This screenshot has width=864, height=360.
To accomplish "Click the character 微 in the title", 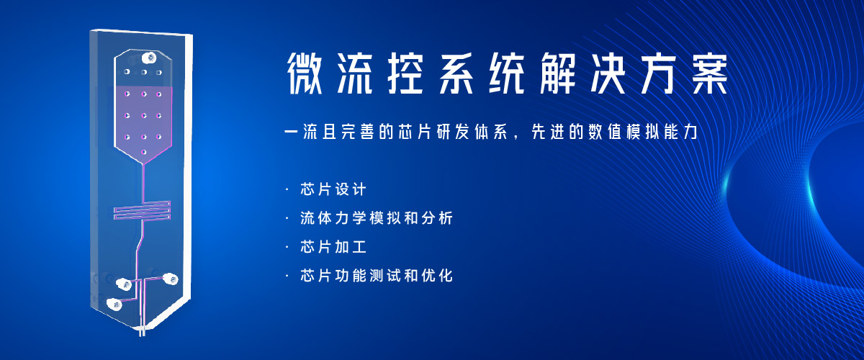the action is pyautogui.click(x=305, y=73).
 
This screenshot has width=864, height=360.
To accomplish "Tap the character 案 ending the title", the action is pyautogui.click(x=710, y=73).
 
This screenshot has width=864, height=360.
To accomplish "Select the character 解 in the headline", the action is pyautogui.click(x=558, y=73).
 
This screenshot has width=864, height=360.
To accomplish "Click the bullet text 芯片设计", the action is pyautogui.click(x=333, y=189).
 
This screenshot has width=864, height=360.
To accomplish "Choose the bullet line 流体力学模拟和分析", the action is pyautogui.click(x=377, y=218).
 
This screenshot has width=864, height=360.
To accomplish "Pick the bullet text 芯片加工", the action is pyautogui.click(x=333, y=247).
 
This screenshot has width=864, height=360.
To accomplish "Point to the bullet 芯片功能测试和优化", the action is pyautogui.click(x=377, y=276).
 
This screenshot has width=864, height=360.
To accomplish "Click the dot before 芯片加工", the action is pyautogui.click(x=287, y=247).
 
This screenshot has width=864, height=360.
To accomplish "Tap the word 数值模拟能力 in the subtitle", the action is pyautogui.click(x=642, y=132).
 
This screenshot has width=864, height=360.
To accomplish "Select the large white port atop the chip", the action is pyautogui.click(x=149, y=58).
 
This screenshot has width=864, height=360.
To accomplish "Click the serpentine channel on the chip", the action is pyautogui.click(x=143, y=210).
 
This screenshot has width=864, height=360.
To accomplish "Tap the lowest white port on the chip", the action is pyautogui.click(x=114, y=305).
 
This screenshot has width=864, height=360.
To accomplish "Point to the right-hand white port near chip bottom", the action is pyautogui.click(x=171, y=279).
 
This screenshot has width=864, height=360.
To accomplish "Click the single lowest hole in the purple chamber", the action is pyautogui.click(x=144, y=152).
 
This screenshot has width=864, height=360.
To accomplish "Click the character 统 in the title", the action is pyautogui.click(x=507, y=73).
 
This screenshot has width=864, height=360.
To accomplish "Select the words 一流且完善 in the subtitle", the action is pyautogui.click(x=328, y=132).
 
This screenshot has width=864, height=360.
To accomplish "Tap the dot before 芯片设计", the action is pyautogui.click(x=287, y=189).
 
